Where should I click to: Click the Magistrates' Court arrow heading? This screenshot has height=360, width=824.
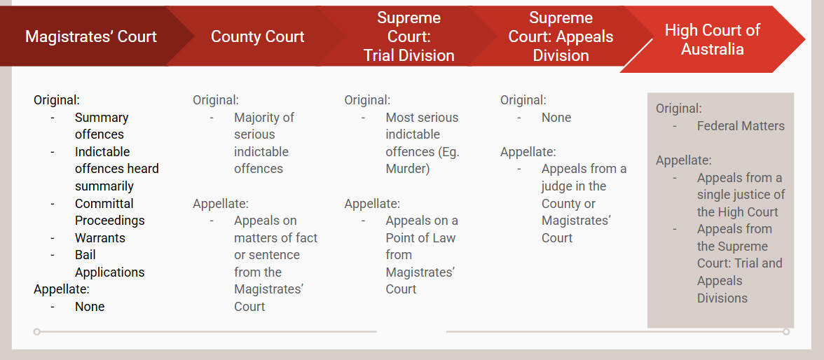click(x=91, y=36)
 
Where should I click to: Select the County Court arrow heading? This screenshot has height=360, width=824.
click(x=257, y=36)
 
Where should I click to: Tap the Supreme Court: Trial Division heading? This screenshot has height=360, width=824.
click(x=408, y=36)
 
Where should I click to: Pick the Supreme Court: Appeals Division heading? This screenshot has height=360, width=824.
click(x=561, y=36)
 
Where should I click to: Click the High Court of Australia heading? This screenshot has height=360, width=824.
click(x=712, y=39)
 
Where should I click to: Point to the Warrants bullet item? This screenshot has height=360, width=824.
click(x=100, y=238)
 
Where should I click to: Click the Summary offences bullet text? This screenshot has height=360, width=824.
click(x=102, y=126)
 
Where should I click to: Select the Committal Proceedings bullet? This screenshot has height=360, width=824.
click(x=109, y=212)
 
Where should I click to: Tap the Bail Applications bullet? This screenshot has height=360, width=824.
click(x=109, y=263)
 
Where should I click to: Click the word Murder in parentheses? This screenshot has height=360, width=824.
click(x=408, y=169)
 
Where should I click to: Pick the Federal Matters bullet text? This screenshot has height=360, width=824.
click(x=741, y=126)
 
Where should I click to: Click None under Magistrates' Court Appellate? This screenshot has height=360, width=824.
click(x=90, y=307)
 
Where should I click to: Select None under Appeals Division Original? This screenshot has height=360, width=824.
click(x=556, y=118)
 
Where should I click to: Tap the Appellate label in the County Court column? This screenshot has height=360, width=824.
click(x=221, y=204)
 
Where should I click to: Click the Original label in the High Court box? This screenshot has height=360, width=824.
click(x=678, y=109)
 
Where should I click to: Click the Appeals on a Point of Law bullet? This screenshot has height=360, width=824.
click(x=421, y=255)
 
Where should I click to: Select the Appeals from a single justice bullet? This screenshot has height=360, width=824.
click(x=741, y=195)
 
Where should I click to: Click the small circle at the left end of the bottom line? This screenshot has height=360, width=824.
click(x=37, y=331)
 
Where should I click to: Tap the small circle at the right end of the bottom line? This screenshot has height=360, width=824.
click(x=786, y=331)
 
